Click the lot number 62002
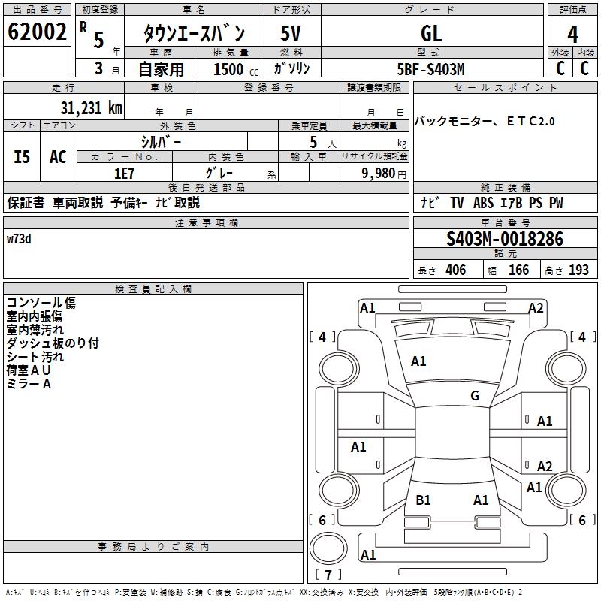pos(36,32)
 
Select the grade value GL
pos(431,33)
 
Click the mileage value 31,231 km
pos(91,108)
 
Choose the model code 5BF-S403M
pos(431,69)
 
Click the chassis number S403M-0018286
pos(505,239)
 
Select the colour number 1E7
pos(124,172)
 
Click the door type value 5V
pos(291,33)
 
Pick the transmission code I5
pos(22,157)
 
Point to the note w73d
pos(19,239)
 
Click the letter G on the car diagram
pos(475,396)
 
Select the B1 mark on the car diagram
pos(423,500)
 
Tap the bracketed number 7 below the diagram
pos(328,575)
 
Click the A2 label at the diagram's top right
pos(536,307)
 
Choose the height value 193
pos(578,270)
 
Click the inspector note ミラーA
pos(29,384)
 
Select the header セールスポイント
pos(506,88)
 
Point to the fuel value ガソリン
pos(291,69)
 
